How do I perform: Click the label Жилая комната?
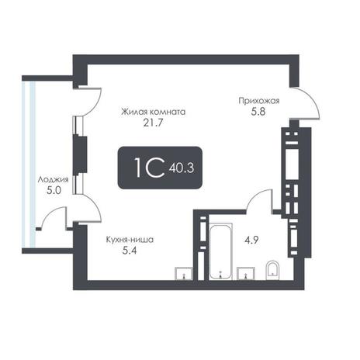154,112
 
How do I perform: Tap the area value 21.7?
154,123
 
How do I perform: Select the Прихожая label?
259,101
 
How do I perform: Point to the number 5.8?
258,112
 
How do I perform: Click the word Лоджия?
54,179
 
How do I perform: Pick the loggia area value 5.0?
54,191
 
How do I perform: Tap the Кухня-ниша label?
130,240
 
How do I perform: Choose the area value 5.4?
130,251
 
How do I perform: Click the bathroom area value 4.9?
251,241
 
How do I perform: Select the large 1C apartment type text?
149,168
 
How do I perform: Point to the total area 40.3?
182,168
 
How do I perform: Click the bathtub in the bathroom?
220,252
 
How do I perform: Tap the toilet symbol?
272,271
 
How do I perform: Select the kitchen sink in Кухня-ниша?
184,274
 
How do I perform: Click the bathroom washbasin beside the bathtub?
246,274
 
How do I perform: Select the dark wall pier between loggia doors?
80,155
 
